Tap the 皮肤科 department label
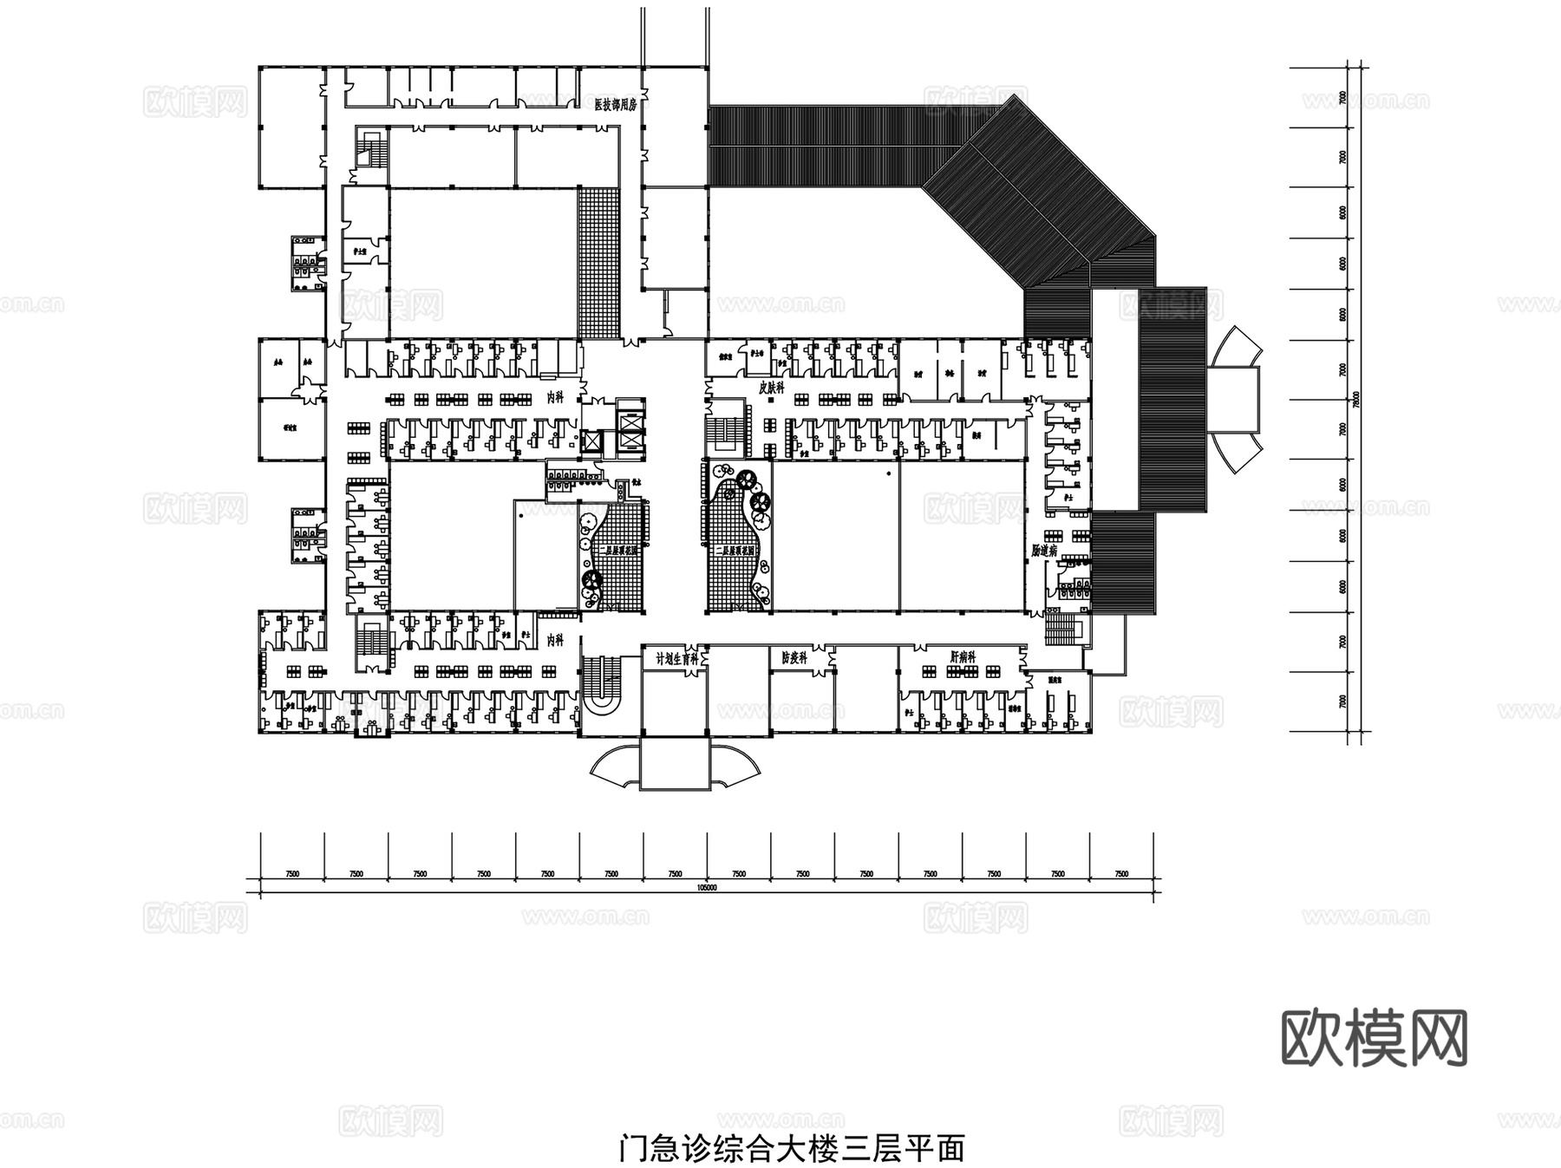(x=771, y=388)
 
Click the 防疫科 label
(x=794, y=658)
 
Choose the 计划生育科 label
(x=676, y=658)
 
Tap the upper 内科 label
(x=555, y=395)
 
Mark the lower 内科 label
(x=555, y=640)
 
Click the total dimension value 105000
(x=707, y=888)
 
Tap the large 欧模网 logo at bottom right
(x=1374, y=1037)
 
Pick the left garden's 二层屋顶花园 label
(x=618, y=550)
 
